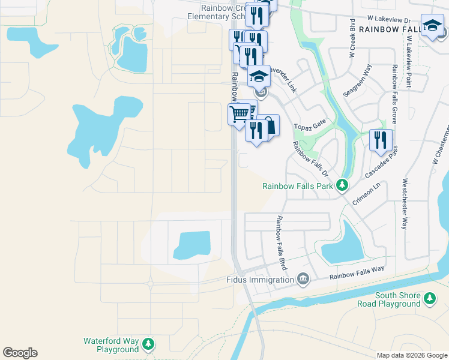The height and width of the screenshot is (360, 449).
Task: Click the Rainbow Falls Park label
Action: point(298,186)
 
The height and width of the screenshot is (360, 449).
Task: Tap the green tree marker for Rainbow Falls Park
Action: point(342,185)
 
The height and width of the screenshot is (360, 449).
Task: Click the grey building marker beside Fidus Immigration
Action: point(303,279)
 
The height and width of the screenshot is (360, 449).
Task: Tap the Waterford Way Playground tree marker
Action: point(148,344)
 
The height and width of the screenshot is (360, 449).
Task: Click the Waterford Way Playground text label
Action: point(111,345)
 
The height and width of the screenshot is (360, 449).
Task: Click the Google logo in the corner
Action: point(20,353)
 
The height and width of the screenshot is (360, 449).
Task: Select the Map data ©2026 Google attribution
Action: point(411,355)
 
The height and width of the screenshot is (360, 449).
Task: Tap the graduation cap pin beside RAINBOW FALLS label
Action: point(432,26)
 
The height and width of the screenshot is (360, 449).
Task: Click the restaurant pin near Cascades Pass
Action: point(381,140)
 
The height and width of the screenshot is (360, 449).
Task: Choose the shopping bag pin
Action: point(269,126)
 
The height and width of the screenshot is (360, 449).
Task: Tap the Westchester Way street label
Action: point(405,203)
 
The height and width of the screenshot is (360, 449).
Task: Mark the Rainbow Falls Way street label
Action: point(357,274)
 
